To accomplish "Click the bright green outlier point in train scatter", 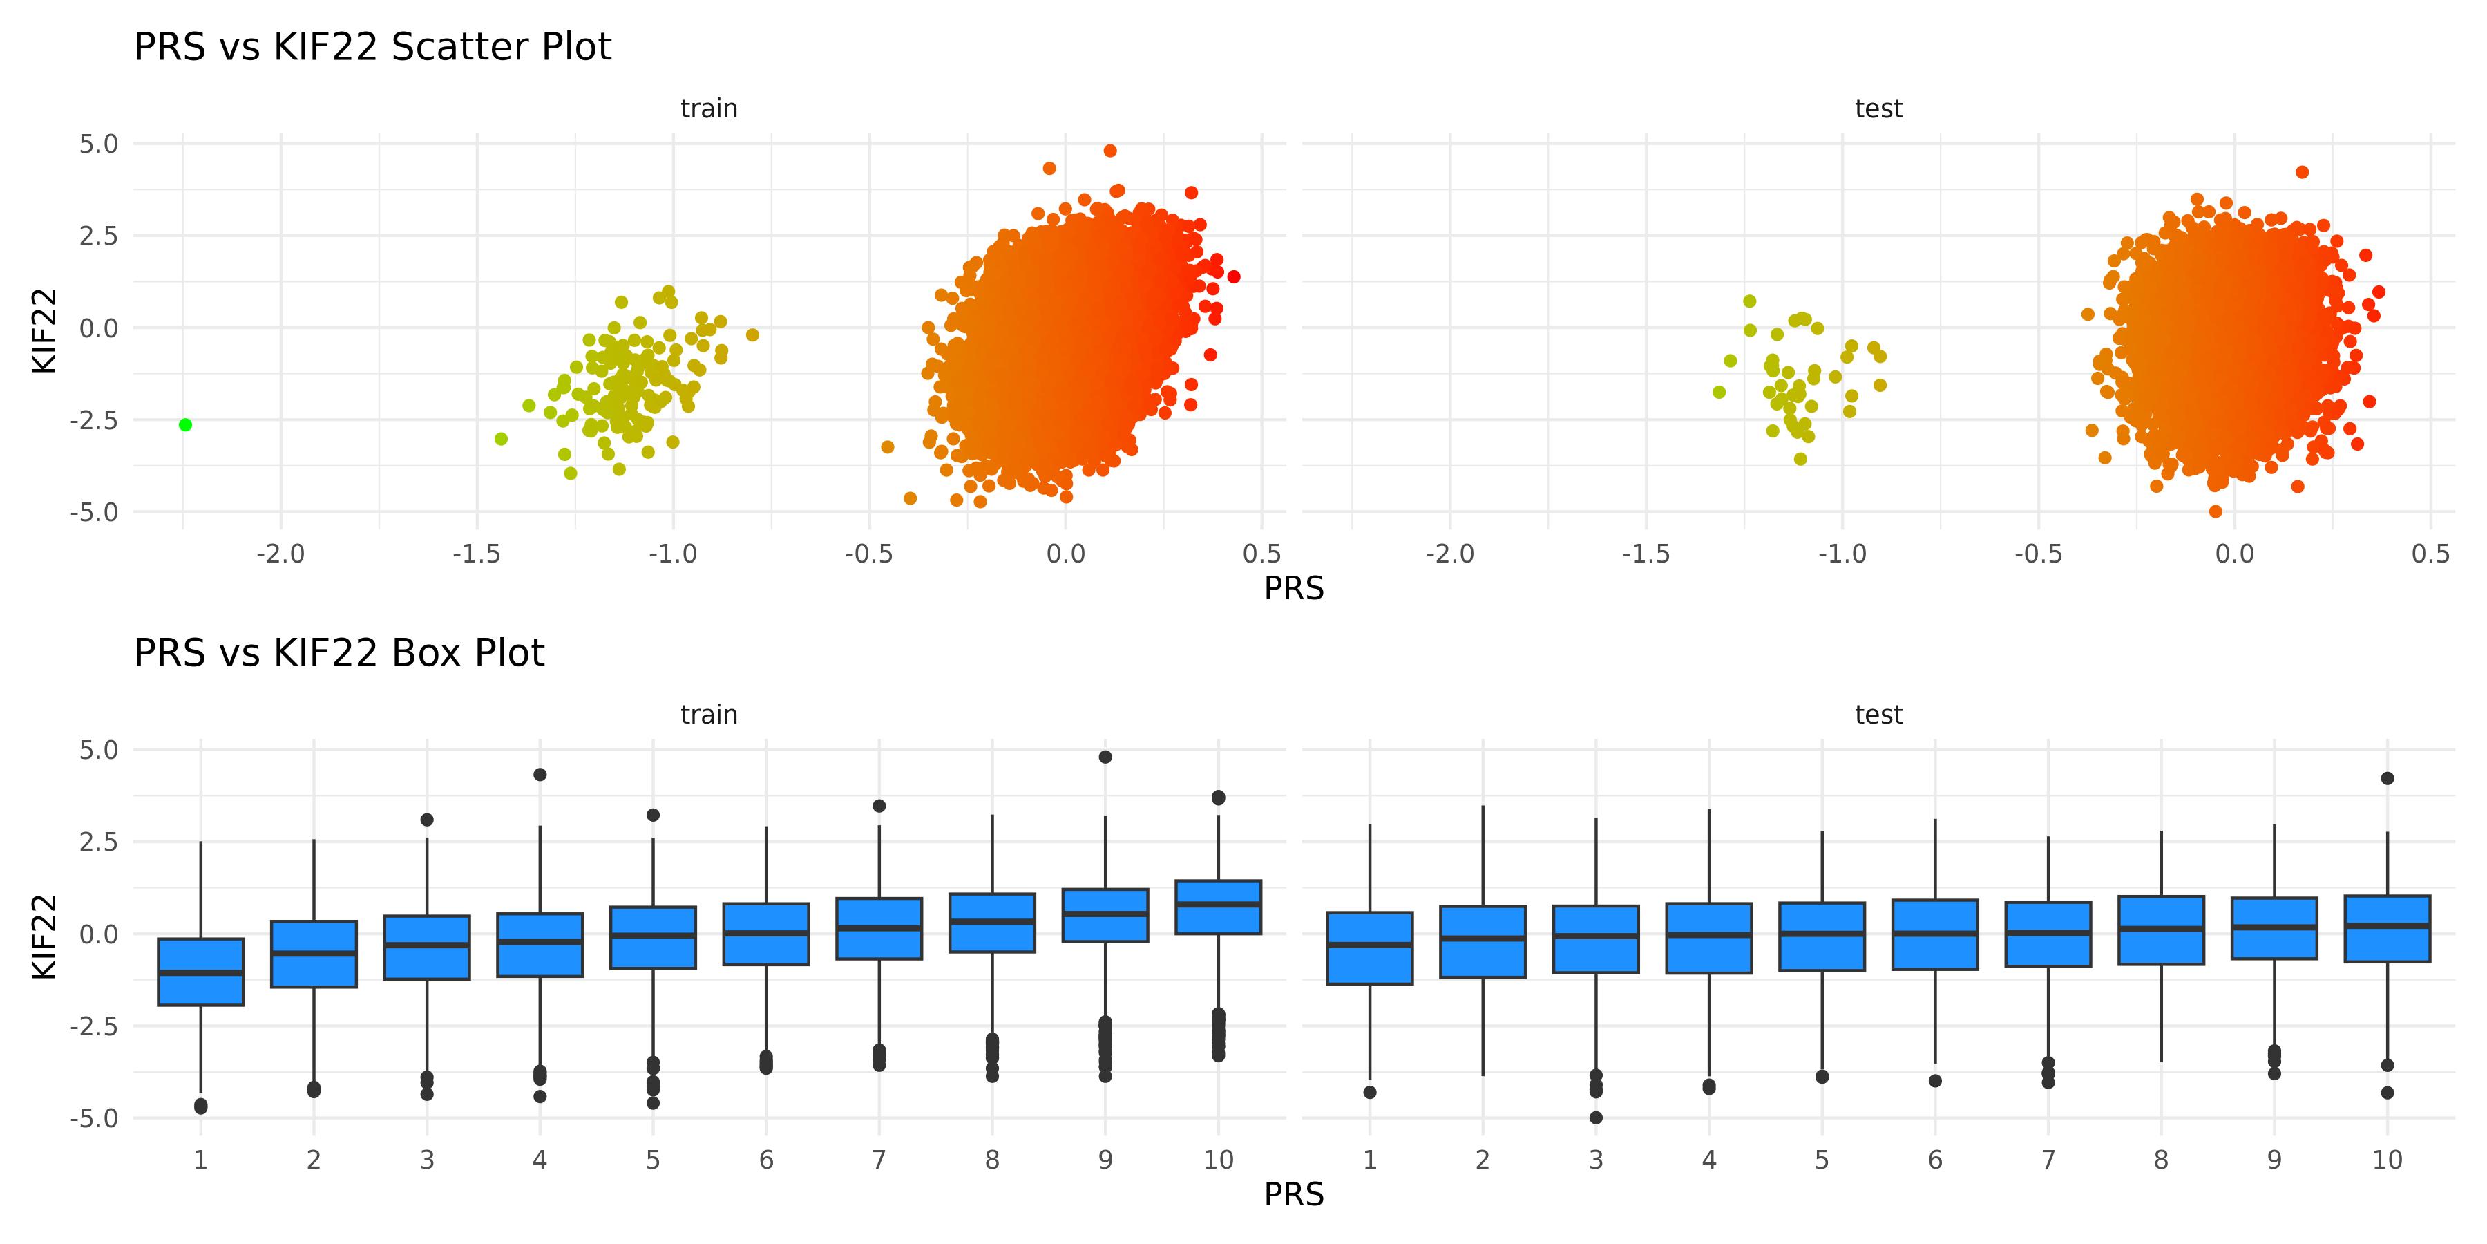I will click(185, 425).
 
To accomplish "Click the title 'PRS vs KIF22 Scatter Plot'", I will click(372, 47).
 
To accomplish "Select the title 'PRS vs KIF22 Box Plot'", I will click(339, 654).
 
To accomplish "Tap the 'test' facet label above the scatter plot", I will click(1878, 109).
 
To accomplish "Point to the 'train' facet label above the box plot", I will click(709, 715).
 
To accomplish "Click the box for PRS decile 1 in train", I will click(201, 972).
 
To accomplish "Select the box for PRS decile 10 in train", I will click(1219, 907).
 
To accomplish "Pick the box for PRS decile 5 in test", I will click(1822, 936).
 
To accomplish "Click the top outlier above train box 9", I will click(1105, 757).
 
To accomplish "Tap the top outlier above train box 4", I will click(540, 775).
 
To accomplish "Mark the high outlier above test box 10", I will click(2388, 778).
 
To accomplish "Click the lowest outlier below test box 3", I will click(1596, 1118).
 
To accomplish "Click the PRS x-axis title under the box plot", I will click(1294, 1195).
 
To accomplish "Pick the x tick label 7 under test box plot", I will click(2048, 1160).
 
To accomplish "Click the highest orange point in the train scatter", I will click(1110, 151).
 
